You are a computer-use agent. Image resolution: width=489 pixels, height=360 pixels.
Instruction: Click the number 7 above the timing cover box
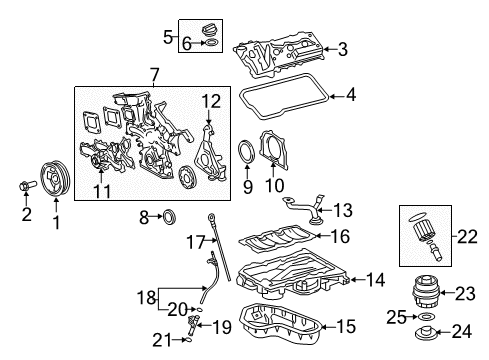point(153,75)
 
